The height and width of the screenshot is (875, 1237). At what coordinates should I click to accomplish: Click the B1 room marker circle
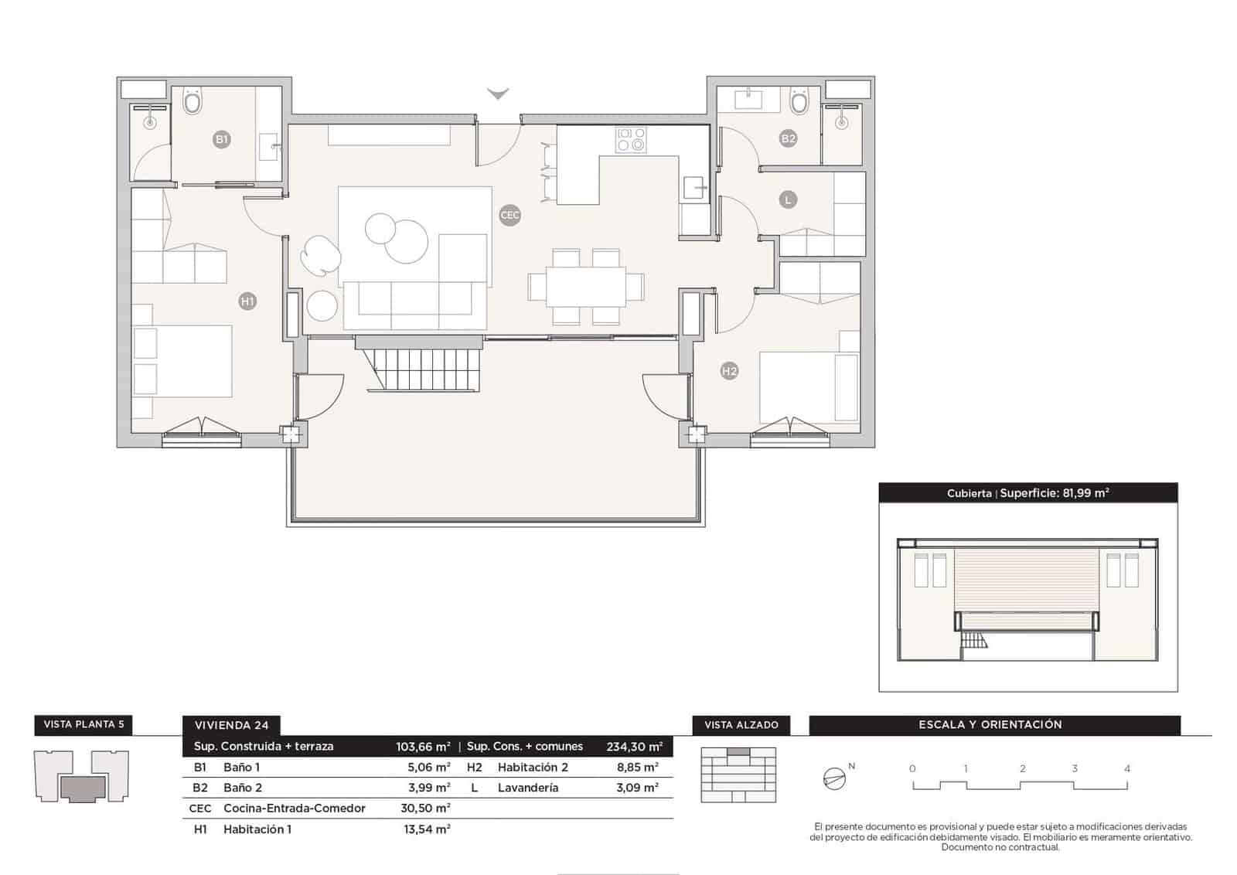click(x=222, y=140)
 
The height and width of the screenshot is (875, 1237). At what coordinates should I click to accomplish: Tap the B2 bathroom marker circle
click(x=788, y=139)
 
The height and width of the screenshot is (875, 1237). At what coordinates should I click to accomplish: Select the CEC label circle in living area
click(x=510, y=216)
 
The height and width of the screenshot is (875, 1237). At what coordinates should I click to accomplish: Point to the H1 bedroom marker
click(x=247, y=301)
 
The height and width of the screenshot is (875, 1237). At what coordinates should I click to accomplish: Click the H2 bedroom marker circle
click(x=729, y=371)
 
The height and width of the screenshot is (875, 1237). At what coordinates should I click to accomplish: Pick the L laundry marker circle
click(x=788, y=199)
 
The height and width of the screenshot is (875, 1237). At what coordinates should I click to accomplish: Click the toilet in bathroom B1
click(x=193, y=101)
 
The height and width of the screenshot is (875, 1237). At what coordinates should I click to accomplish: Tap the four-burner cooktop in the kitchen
click(x=631, y=140)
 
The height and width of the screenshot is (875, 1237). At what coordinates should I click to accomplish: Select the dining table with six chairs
click(x=585, y=287)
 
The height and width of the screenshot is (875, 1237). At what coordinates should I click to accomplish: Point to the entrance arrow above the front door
click(x=498, y=94)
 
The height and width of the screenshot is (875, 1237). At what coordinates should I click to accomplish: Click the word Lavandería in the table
click(x=528, y=788)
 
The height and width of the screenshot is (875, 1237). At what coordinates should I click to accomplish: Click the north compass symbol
click(x=835, y=778)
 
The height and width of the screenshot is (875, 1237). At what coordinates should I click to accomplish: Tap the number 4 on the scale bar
click(x=1127, y=768)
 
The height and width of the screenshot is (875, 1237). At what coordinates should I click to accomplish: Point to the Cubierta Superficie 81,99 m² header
click(x=1027, y=493)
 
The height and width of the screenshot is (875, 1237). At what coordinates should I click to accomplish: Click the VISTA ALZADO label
click(x=741, y=725)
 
